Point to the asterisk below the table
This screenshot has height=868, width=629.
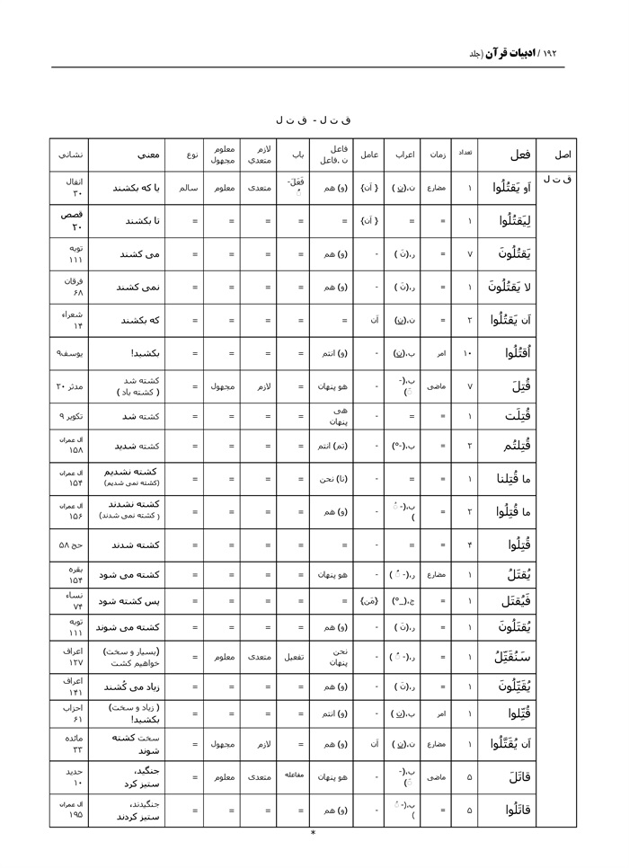313,833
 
